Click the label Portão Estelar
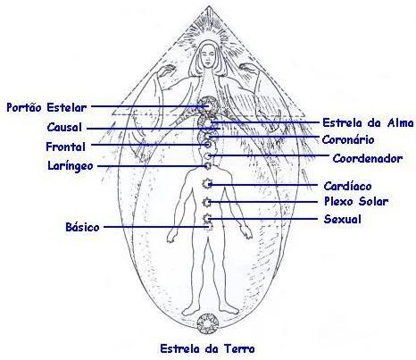coord(46,107)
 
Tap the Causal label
coord(64,128)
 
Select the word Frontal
coord(66,147)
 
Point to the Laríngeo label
coord(71,166)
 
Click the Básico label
coord(82,227)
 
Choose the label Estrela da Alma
coord(368,122)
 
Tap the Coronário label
coord(348,139)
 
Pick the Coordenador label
coord(368,158)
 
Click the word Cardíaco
coord(347,186)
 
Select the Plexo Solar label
coord(356,201)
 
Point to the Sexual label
coord(343,219)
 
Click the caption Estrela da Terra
coord(207,348)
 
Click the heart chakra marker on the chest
coord(207,184)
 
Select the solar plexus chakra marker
coord(207,203)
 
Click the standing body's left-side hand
coord(171,236)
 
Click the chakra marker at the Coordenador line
coord(207,155)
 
